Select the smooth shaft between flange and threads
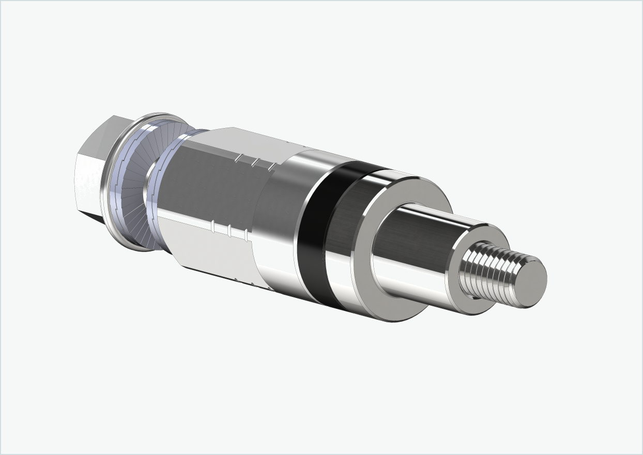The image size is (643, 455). pos(414,248)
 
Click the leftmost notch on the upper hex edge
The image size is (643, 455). pos(238,158)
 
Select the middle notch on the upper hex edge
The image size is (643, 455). pos(255,162)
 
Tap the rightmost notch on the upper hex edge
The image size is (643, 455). pos(271,166)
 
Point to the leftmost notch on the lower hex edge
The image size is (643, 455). pos(213,225)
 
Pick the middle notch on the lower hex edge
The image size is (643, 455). pos(229,230)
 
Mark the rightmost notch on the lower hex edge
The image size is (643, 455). pos(247,236)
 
